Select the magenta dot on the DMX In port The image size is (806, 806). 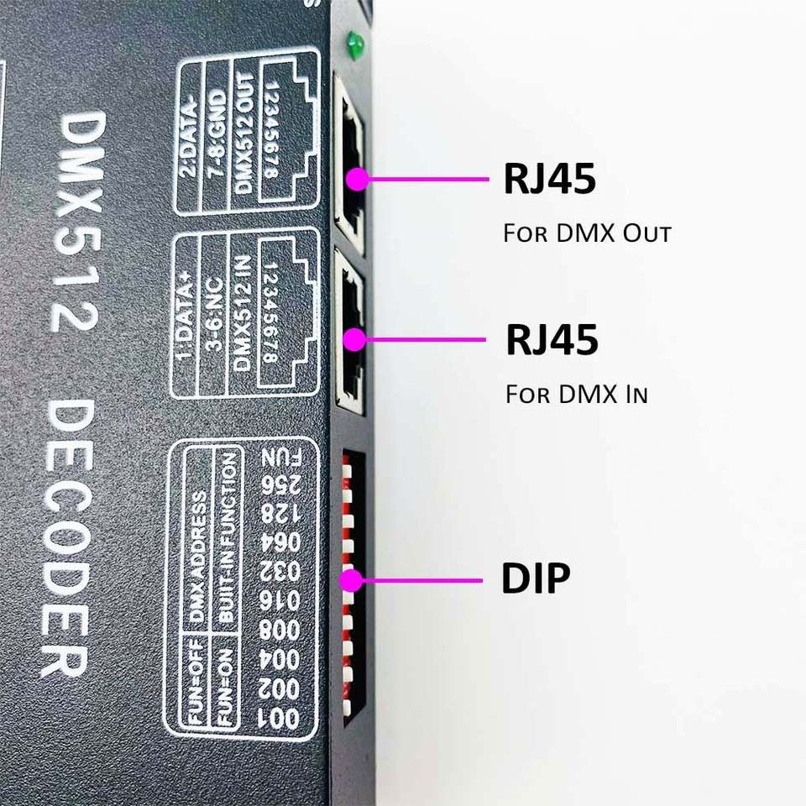point(355,339)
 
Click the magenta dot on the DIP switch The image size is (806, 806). point(351,580)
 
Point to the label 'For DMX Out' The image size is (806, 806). point(587,233)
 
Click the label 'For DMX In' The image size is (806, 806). point(576,394)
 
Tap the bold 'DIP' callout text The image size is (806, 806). point(536,579)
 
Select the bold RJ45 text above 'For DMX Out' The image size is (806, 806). point(549,179)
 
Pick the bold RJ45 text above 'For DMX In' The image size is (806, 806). point(552,340)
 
